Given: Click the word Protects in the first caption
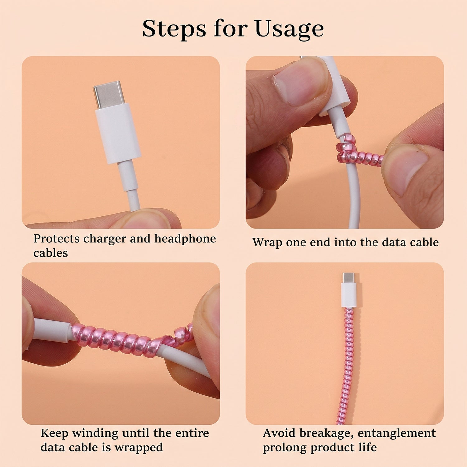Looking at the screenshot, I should pyautogui.click(x=57, y=239).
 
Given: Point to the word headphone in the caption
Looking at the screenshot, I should pyautogui.click(x=185, y=239).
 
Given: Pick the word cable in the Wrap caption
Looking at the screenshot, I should pyautogui.click(x=424, y=243).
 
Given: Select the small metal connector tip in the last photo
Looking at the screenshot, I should pyautogui.click(x=348, y=277).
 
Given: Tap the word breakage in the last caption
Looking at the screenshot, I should pyautogui.click(x=322, y=433).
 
